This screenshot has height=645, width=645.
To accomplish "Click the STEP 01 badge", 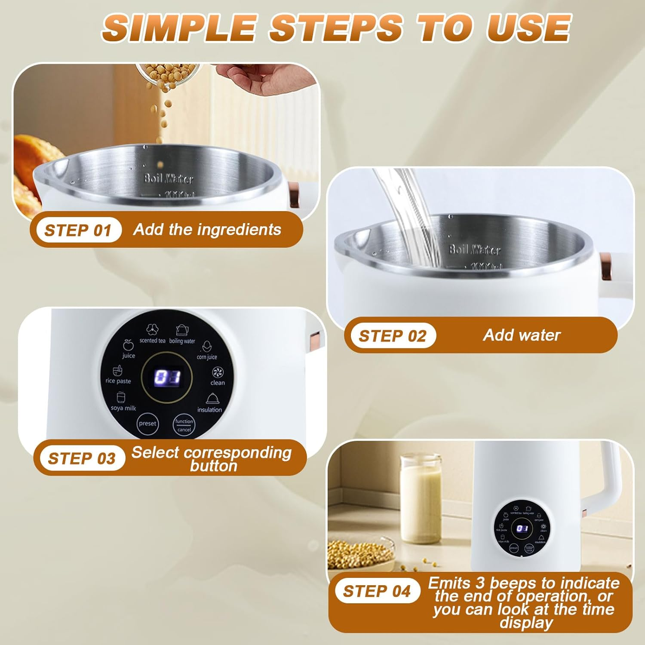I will pyautogui.click(x=78, y=230).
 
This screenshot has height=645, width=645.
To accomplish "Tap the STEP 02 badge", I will pyautogui.click(x=392, y=336).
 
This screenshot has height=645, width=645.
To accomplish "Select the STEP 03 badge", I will pyautogui.click(x=81, y=458).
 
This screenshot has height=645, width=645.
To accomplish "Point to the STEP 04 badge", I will pyautogui.click(x=377, y=591).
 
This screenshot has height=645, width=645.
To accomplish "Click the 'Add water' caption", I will pyautogui.click(x=522, y=335).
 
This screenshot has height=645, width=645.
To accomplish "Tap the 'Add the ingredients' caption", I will pyautogui.click(x=207, y=230).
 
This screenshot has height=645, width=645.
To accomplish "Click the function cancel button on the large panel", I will pyautogui.click(x=184, y=425).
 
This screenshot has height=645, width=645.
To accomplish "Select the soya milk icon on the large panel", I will pyautogui.click(x=121, y=397).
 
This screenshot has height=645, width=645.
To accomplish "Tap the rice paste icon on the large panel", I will pyautogui.click(x=117, y=371).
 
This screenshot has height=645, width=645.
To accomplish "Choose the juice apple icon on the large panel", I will pyautogui.click(x=128, y=345).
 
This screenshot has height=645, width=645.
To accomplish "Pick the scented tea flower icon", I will pyautogui.click(x=152, y=330).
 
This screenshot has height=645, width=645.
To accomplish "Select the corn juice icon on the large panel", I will pyautogui.click(x=207, y=347).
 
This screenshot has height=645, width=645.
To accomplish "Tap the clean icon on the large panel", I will pyautogui.click(x=218, y=372).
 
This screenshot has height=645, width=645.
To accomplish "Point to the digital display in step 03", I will pyautogui.click(x=167, y=377).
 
